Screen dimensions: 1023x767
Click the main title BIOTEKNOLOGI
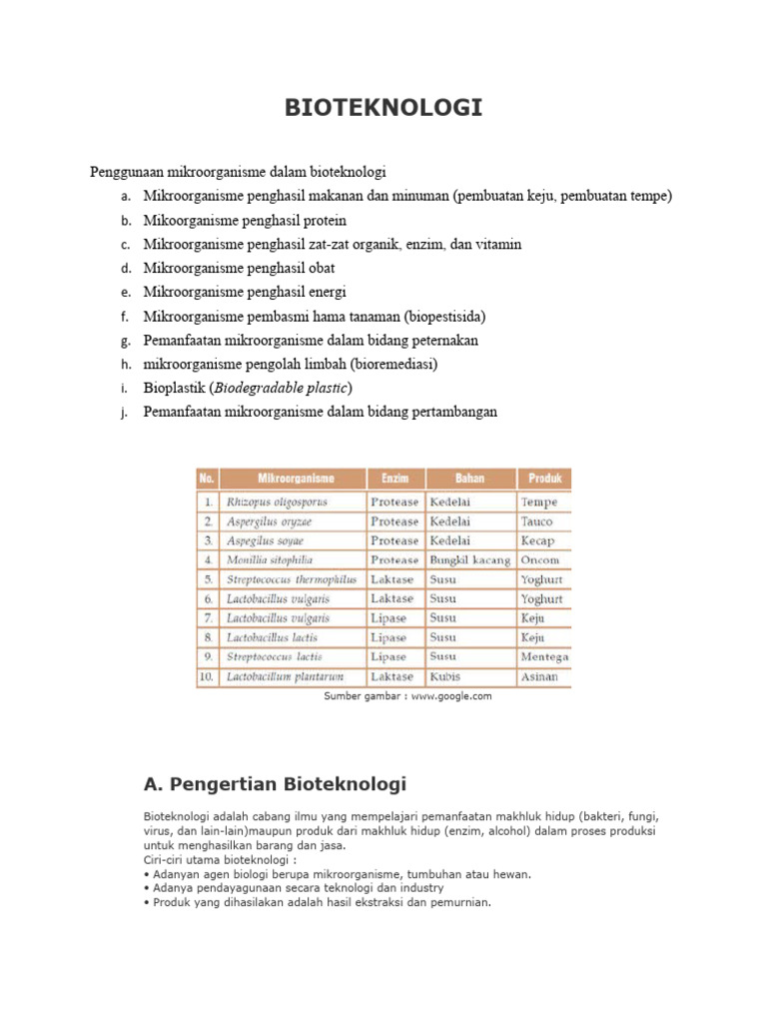coord(383,108)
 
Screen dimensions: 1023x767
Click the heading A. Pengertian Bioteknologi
coord(276,783)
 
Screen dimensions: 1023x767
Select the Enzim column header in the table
coord(394,479)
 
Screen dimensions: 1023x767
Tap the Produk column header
coord(544,479)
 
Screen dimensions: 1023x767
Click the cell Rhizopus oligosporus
coord(277,503)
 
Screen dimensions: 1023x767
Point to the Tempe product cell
coord(538,503)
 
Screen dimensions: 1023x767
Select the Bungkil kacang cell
coord(470,560)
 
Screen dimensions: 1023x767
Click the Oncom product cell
coord(540,560)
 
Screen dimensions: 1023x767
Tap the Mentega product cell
coord(544,657)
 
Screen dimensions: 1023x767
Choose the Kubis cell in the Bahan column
coord(445,677)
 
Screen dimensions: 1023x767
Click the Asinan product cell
coord(539,677)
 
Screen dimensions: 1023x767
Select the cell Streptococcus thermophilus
coord(292,579)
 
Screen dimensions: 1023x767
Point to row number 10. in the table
coord(207,677)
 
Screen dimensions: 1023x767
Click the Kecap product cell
coord(537,540)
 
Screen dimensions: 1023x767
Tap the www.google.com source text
coord(451,696)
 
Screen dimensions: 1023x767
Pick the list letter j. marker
coord(125,413)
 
